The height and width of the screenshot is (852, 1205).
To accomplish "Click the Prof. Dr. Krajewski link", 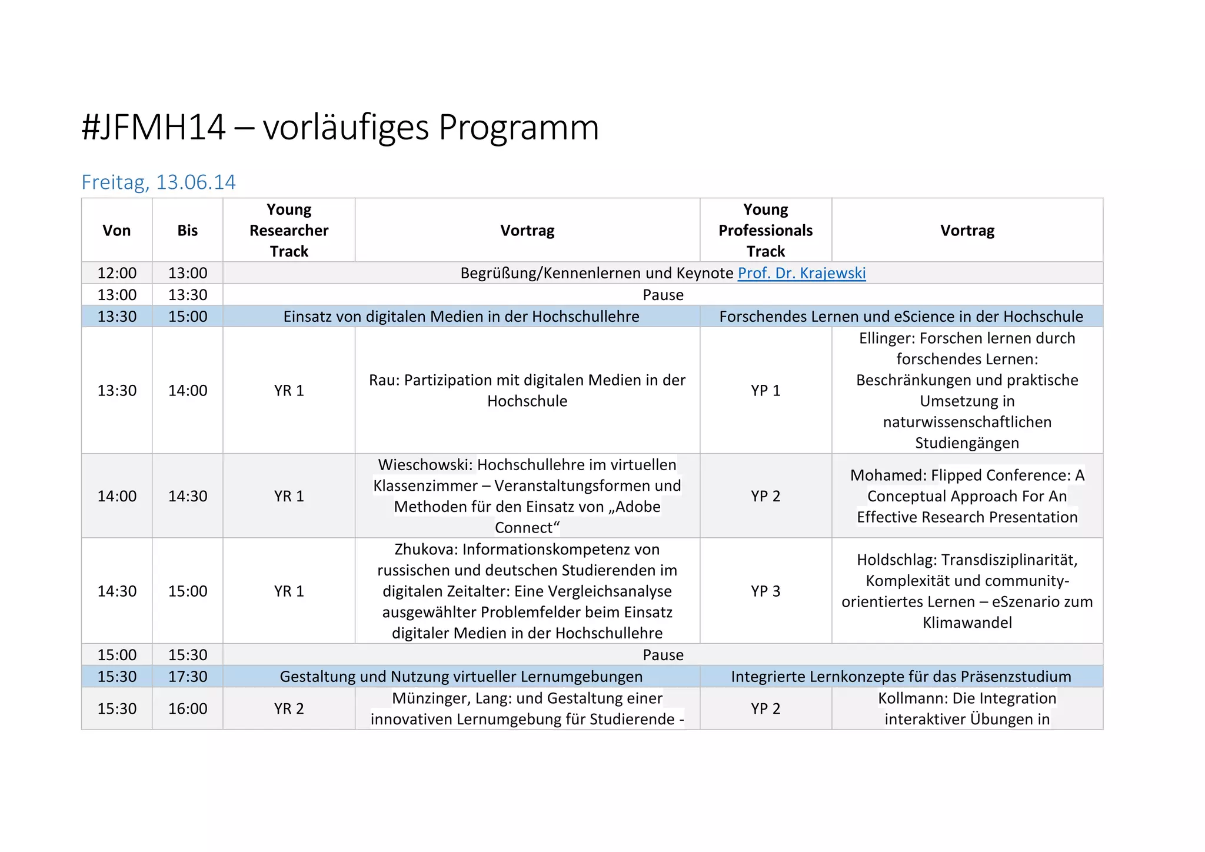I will point(801,273).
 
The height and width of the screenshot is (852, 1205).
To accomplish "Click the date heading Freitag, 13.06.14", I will point(158,182).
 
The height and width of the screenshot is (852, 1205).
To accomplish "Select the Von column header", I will point(116,230).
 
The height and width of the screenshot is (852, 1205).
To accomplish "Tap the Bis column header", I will point(187,230).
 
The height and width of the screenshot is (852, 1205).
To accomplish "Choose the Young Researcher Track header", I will point(289,230).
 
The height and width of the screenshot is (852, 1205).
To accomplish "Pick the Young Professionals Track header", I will point(765,230).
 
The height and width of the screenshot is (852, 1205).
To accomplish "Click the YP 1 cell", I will point(765,390).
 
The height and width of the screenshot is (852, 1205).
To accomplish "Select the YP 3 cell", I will point(765,591).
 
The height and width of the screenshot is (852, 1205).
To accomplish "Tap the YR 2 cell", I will point(289,708).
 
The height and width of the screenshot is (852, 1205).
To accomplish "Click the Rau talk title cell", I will point(527,390).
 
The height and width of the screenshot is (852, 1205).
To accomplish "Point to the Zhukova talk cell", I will point(527,591).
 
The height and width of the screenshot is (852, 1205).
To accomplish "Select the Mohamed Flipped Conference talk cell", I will point(967,496).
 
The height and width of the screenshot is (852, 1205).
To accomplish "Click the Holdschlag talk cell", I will point(967,591).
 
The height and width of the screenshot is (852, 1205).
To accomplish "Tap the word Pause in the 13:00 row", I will point(663,295).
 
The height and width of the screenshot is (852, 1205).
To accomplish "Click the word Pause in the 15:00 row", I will point(663,655).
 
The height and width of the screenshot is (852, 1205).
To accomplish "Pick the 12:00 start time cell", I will point(116,273).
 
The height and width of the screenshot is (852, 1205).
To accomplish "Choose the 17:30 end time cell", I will point(188,677).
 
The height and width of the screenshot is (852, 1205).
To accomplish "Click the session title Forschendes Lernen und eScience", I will point(901,317).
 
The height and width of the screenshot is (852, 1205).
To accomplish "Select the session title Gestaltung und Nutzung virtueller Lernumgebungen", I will point(461,677).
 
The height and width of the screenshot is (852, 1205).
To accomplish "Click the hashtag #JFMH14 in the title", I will point(154,127).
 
